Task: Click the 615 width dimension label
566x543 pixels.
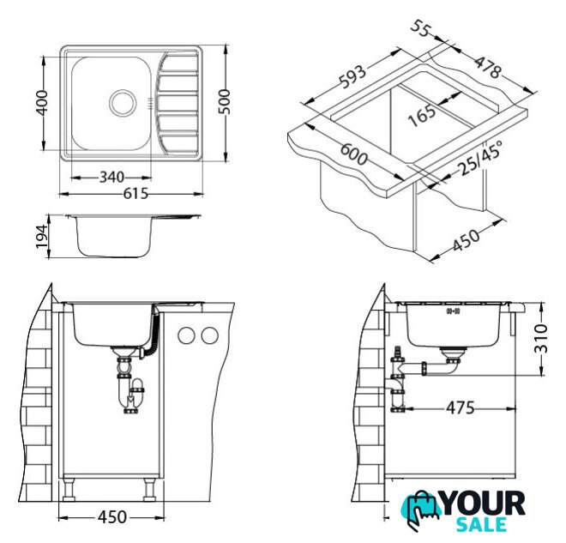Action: [x=135, y=194]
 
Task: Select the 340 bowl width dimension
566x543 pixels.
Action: [x=111, y=178]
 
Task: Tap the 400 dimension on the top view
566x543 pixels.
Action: [x=42, y=103]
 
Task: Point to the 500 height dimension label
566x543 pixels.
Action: [x=225, y=102]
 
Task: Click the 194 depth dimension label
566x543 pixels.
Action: [x=42, y=237]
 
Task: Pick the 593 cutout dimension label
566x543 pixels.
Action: [x=353, y=76]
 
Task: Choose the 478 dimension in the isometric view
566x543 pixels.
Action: [x=487, y=67]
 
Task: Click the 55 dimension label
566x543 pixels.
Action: [x=421, y=28]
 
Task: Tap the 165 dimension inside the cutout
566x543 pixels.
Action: [x=422, y=115]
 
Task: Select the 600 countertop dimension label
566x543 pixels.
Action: [x=354, y=154]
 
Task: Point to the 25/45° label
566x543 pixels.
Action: [x=479, y=158]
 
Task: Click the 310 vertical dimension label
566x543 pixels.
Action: [x=541, y=338]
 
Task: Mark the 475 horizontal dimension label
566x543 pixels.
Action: [x=461, y=408]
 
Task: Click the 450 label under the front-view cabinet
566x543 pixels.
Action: [x=112, y=517]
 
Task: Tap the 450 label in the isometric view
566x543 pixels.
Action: [x=467, y=240]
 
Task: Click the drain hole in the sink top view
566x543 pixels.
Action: [x=123, y=103]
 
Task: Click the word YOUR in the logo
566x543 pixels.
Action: [x=484, y=504]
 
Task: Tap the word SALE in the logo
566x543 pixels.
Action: [x=481, y=525]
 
